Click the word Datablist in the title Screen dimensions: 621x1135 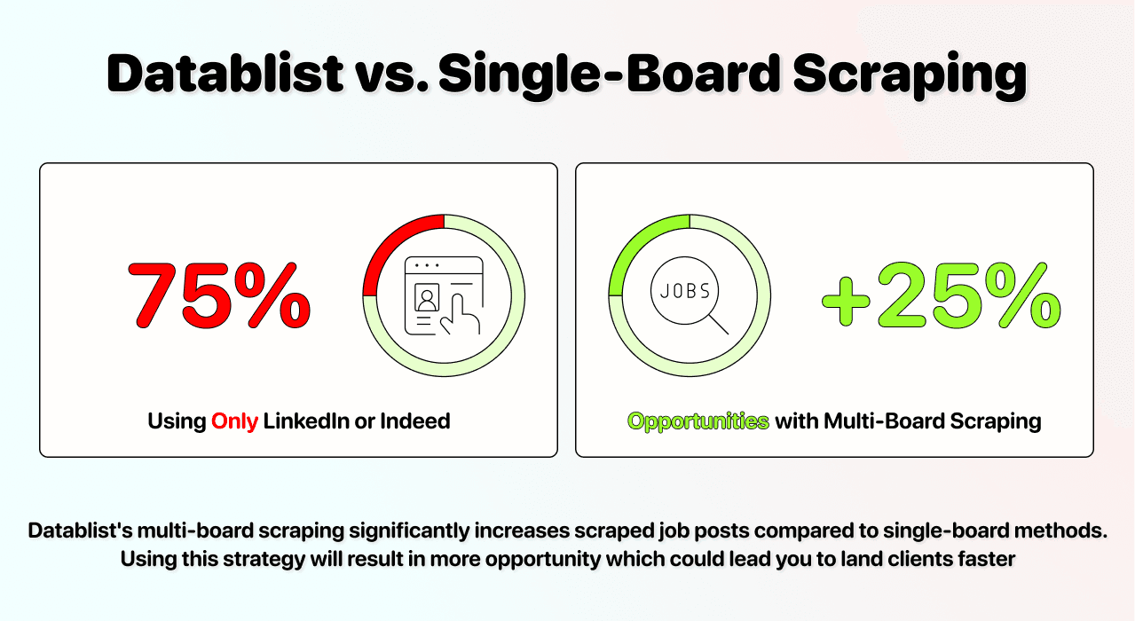225,75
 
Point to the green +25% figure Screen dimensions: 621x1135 942,294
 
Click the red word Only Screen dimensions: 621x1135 234,421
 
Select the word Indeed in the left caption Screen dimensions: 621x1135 414,421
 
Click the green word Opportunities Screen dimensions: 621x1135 698,421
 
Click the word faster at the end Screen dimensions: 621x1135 984,560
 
